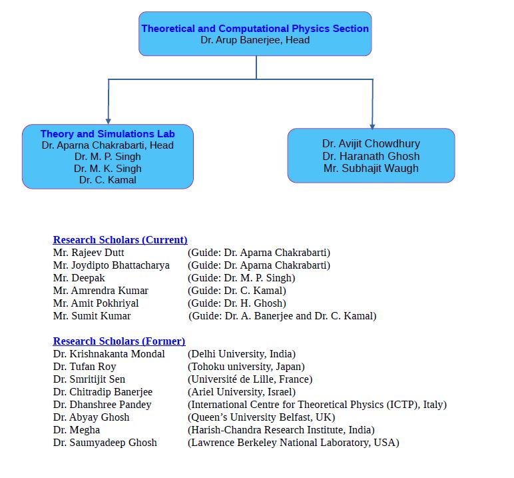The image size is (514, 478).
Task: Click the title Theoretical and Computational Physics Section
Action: pos(255,29)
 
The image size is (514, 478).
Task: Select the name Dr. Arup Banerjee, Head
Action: pos(255,40)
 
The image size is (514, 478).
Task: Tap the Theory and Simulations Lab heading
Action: pos(108,134)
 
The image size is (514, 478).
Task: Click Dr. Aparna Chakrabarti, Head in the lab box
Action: pos(108,145)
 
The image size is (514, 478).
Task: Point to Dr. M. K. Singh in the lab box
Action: pos(108,168)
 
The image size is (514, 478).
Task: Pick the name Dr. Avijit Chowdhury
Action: pos(371,143)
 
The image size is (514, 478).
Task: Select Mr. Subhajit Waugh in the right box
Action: pos(371,168)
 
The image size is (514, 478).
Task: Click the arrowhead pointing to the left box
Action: pos(108,120)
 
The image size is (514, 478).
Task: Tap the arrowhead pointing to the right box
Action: pos(372,125)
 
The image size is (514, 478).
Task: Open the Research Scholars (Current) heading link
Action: pos(120,240)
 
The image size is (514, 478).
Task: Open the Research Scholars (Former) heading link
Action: pos(119,341)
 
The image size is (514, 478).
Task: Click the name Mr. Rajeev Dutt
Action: pos(89,253)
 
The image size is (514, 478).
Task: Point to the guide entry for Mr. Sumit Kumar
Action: pos(282,316)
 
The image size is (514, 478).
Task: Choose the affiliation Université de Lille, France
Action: pos(250,379)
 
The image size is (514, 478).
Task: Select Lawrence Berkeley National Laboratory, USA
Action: pos(293,443)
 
